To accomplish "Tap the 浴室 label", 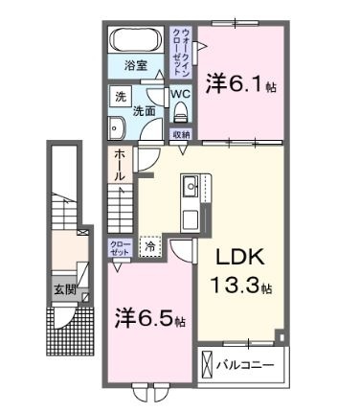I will pos(136,65).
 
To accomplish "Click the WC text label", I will pos(180,95).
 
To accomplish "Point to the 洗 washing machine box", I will pos(120,97).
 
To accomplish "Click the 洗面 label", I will pos(144,111).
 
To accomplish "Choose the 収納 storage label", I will pos(181,134).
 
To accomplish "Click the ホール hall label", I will pos(119,165).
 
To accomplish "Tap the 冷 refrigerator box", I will pos(151,246).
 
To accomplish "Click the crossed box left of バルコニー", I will pos(210,364).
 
